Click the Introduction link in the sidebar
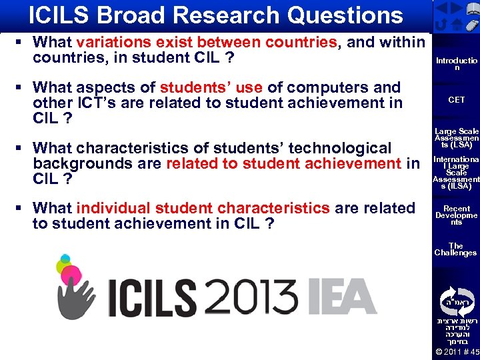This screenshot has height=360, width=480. [x=456, y=64]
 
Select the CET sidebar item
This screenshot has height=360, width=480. [x=456, y=100]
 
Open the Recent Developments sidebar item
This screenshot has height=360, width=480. [x=456, y=215]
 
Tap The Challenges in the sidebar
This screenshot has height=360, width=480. [x=456, y=249]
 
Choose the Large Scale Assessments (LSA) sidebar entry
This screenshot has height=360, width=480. [x=456, y=138]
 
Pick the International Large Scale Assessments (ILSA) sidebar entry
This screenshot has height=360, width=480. [x=456, y=173]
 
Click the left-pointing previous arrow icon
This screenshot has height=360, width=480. [x=441, y=7]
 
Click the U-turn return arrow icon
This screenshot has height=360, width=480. [x=441, y=23]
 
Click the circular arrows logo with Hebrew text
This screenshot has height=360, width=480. [x=456, y=299]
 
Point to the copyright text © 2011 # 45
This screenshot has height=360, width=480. [x=456, y=352]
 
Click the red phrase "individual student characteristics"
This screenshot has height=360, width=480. [x=203, y=208]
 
